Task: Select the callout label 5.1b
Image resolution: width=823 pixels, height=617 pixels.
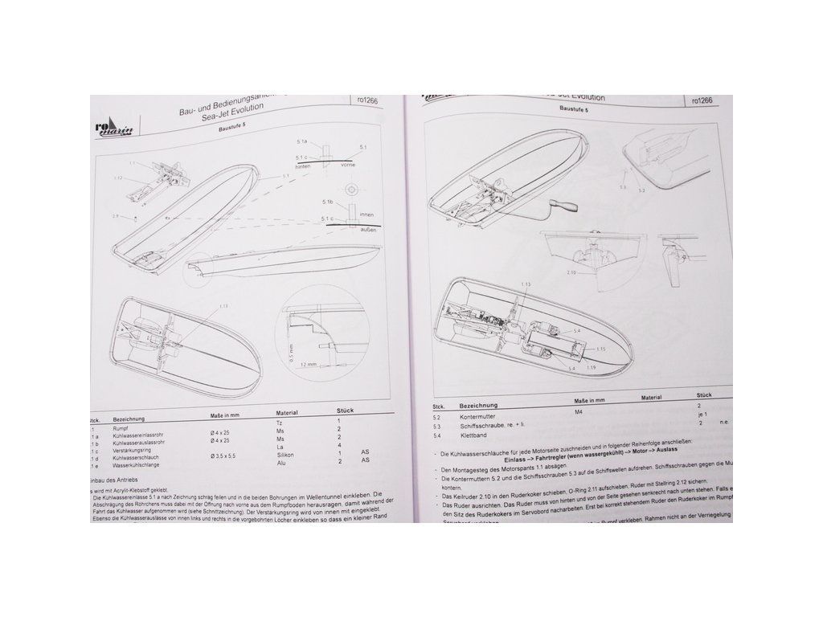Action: pyautogui.click(x=329, y=201)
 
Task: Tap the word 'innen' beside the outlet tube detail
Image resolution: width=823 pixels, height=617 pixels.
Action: pyautogui.click(x=369, y=215)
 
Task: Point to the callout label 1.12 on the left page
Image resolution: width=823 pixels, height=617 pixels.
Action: pyautogui.click(x=119, y=176)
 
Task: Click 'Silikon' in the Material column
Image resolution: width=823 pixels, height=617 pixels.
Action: pyautogui.click(x=284, y=455)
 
